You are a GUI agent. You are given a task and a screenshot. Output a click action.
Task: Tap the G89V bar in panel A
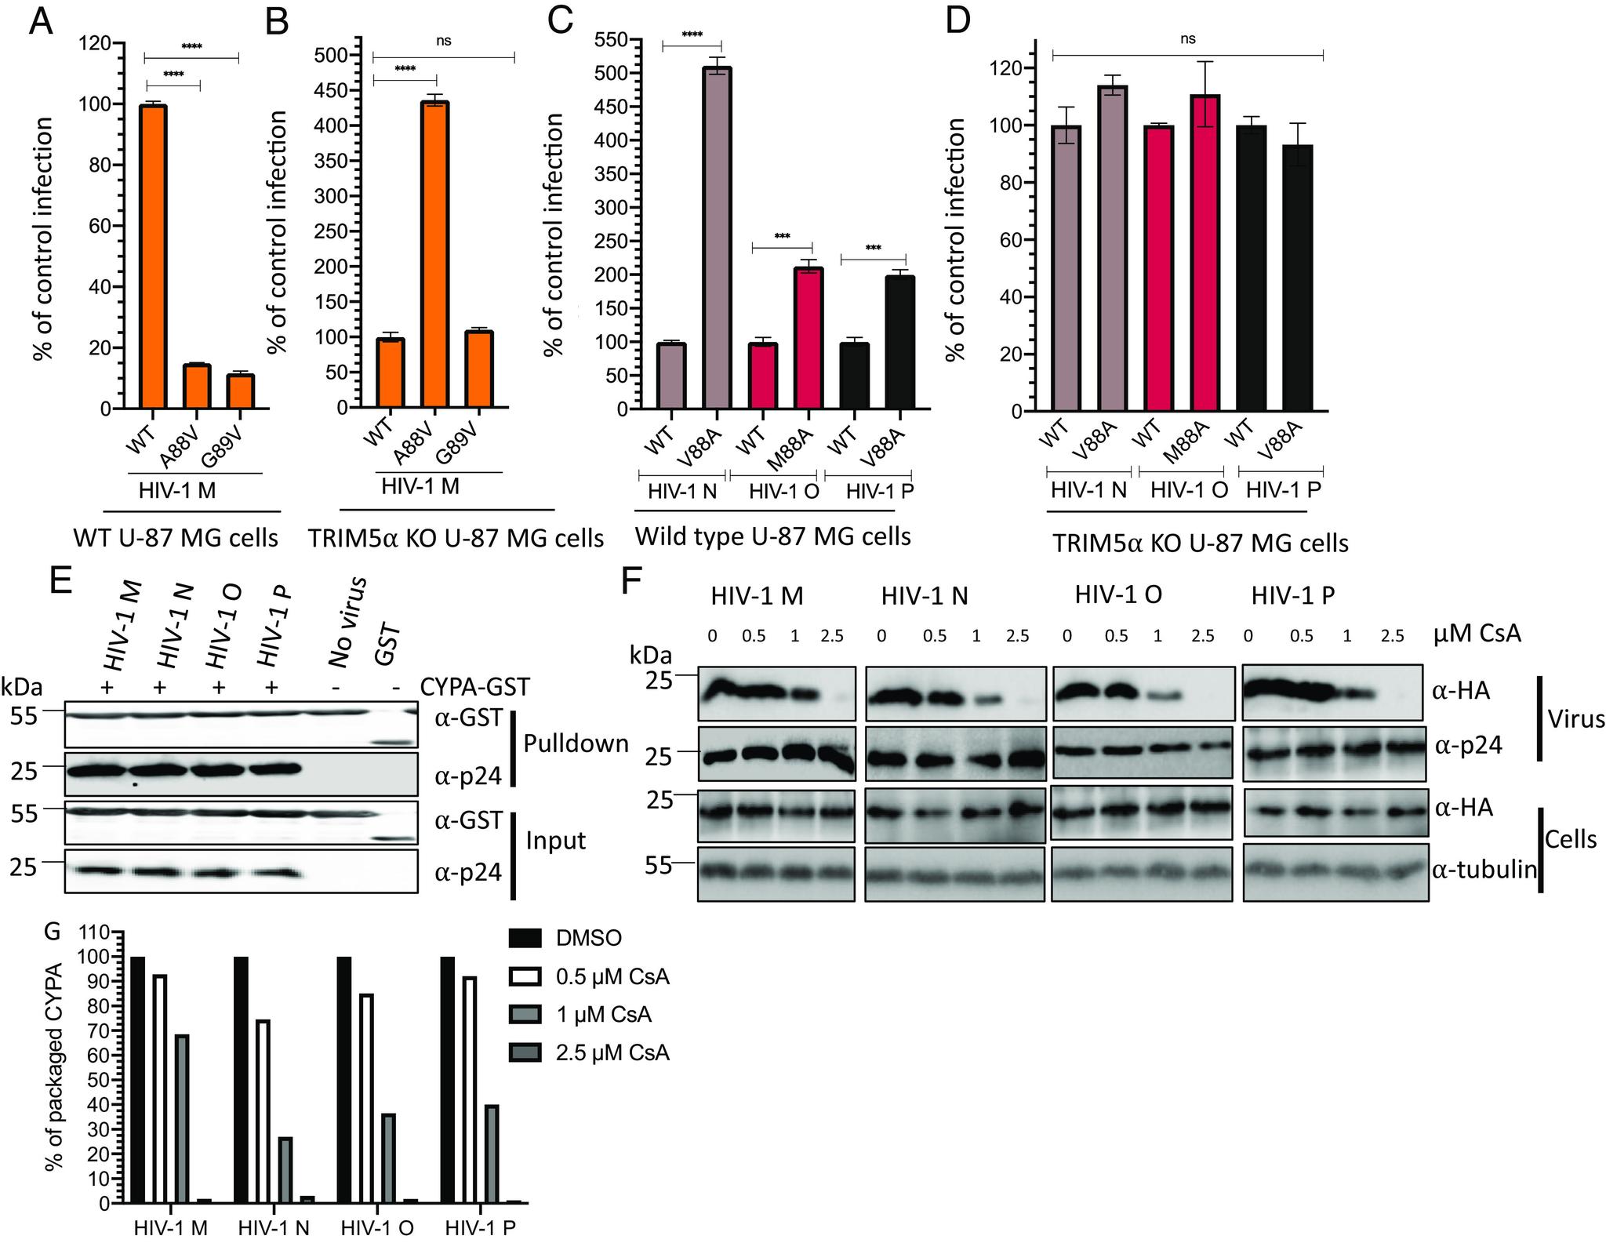click(241, 391)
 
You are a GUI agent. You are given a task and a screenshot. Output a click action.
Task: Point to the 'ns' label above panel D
click(1187, 39)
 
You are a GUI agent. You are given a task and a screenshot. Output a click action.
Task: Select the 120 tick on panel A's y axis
click(107, 44)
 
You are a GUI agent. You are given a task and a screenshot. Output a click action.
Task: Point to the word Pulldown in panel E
click(576, 743)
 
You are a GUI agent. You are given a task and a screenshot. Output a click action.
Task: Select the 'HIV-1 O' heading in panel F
click(1117, 595)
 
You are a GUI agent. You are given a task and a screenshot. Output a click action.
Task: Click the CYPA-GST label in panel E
click(475, 688)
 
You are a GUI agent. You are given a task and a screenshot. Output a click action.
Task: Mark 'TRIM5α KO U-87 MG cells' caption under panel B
click(456, 538)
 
